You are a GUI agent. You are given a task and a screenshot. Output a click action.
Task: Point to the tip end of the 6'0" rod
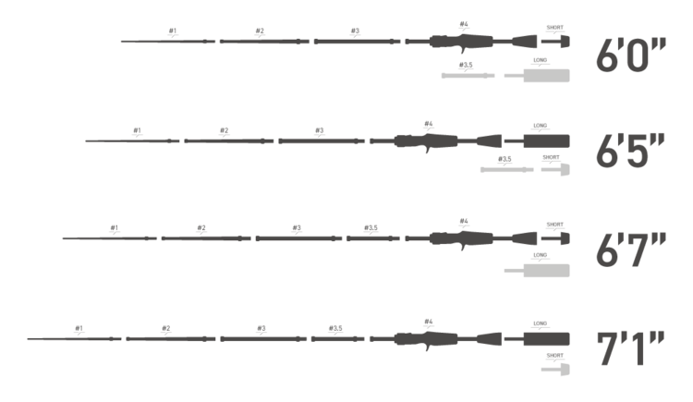pos(122,42)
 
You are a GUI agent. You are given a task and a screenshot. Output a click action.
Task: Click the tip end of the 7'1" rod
pos(29,339)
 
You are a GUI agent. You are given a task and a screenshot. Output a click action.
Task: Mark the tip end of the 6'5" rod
pos(87,140)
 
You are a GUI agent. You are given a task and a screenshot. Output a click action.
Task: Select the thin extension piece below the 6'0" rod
pos(468,75)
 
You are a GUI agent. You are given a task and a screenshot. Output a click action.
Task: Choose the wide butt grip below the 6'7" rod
pos(545,270)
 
